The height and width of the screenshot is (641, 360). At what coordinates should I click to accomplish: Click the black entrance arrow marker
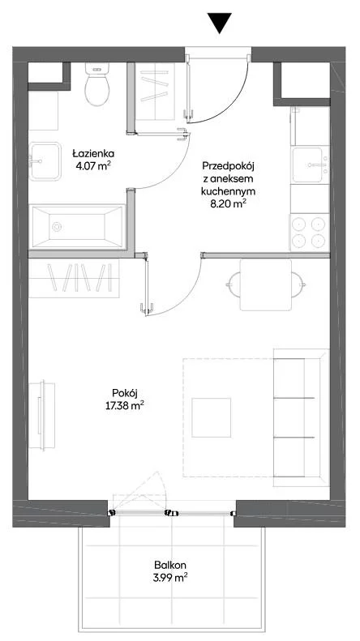tap(219, 23)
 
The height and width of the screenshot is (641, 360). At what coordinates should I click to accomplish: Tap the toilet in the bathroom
tap(97, 84)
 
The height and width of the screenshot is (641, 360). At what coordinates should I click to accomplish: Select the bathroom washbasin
tap(45, 161)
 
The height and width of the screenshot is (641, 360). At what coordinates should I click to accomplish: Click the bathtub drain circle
tap(57, 226)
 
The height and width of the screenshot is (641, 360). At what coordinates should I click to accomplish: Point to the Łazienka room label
tap(93, 154)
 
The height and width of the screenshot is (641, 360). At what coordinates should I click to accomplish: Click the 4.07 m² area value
tap(93, 166)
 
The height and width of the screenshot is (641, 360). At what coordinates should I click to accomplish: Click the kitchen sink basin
tap(307, 165)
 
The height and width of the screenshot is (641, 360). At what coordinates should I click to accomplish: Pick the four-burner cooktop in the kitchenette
tap(310, 232)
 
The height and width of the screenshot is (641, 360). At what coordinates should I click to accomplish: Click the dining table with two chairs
tap(266, 285)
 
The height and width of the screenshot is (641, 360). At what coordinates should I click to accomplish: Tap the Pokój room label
tap(124, 393)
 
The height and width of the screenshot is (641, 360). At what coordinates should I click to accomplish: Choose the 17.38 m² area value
tap(124, 406)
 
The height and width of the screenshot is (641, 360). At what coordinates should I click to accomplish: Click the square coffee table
tap(211, 417)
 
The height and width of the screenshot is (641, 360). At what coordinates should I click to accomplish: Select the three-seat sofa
tap(302, 417)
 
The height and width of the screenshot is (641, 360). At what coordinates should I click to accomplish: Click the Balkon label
tap(170, 566)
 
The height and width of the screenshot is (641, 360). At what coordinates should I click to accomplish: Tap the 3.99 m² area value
tap(170, 578)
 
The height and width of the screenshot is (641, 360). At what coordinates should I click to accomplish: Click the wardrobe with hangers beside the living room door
tap(74, 278)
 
